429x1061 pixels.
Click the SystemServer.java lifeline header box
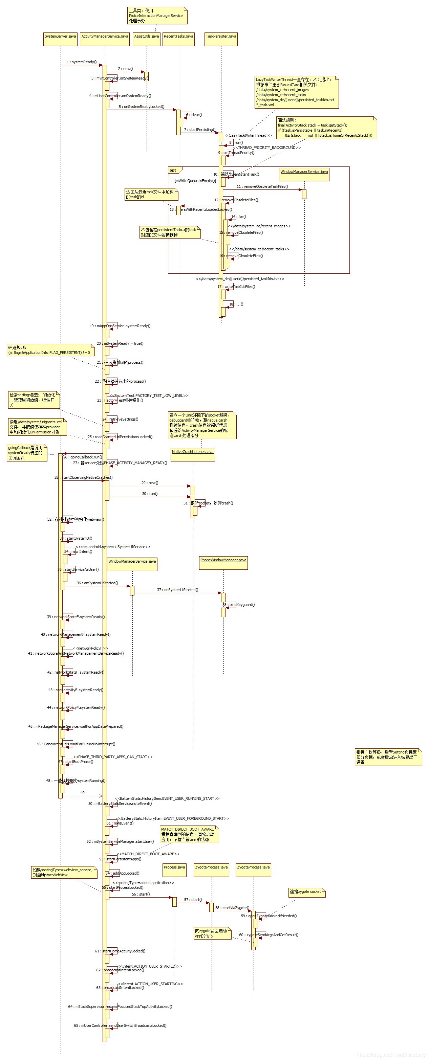pos(60,37)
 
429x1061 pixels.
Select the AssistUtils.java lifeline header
pos(146,37)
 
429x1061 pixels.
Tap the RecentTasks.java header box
pos(178,37)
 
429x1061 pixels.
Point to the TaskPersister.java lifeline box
pos(221,37)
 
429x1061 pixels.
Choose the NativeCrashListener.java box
pos(192,452)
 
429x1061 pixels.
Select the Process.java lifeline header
pos(174,868)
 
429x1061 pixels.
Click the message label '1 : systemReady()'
pos(82,62)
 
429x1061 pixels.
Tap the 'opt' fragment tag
pos(173,170)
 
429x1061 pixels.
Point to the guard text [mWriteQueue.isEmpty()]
pos(195,181)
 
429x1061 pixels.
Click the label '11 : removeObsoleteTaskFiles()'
pos(262,186)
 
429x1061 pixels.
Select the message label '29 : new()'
pos(150,483)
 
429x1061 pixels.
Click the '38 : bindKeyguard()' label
pos(239,605)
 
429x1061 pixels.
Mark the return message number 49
pos(82,793)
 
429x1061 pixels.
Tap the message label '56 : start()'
pos(141,895)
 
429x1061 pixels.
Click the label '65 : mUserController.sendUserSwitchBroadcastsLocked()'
pos(120,1025)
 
